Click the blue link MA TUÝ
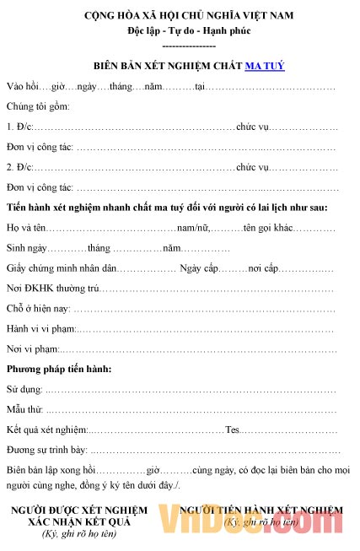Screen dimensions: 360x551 [x=265, y=65]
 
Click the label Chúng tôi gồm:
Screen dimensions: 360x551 [x=38, y=106]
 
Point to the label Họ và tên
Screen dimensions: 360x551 [x=26, y=228]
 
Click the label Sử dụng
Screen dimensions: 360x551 [x=24, y=390]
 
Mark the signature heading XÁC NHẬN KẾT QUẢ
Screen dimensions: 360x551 [x=78, y=522]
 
